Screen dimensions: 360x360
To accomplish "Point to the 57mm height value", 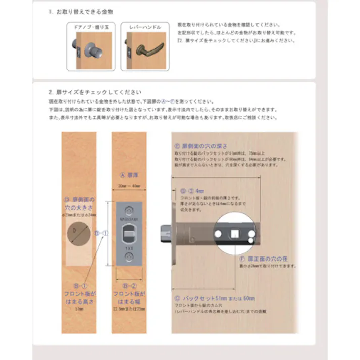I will (78, 307).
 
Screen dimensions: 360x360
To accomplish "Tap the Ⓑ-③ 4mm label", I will (192, 192).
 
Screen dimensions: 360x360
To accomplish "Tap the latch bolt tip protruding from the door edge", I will (164, 234).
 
